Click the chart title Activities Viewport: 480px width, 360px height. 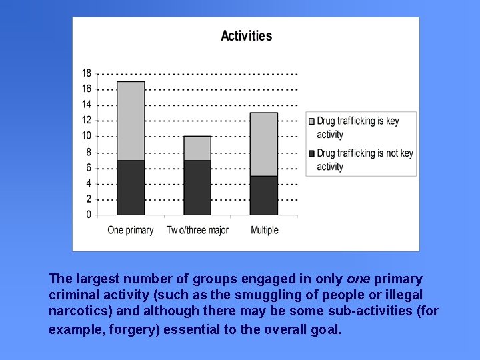pos(246,36)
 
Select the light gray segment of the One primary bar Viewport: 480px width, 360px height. pos(131,121)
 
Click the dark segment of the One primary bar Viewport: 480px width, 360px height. pos(131,187)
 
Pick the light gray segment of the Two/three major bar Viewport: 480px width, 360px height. pos(197,148)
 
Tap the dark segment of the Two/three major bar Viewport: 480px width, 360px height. pos(197,187)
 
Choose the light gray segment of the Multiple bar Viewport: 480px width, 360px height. pos(264,144)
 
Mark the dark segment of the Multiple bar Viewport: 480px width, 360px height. pos(264,195)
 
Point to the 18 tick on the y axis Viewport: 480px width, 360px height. pos(87,73)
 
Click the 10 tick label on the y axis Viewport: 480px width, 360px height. pos(87,136)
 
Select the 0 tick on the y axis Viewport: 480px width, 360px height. pos(89,215)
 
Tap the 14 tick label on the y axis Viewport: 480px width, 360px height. pos(87,105)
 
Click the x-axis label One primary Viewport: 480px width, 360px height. pos(131,230)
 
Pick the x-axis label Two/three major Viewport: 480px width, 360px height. pos(197,230)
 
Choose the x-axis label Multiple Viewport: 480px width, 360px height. pos(265,230)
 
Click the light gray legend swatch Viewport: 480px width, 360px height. pos(311,121)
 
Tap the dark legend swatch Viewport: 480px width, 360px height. pos(311,153)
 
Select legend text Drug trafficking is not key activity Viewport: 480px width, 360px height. pos(365,160)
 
